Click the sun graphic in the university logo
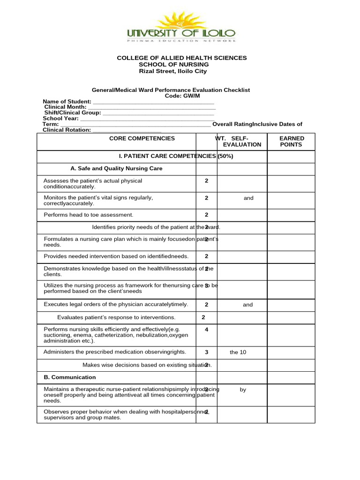tap(180, 21)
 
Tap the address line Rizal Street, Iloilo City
tap(172, 71)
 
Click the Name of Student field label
tap(67, 101)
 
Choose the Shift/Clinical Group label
tap(72, 112)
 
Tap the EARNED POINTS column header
tap(291, 142)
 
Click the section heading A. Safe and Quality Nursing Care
tap(116, 168)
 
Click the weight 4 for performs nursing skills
tap(206, 330)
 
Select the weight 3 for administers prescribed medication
tap(206, 352)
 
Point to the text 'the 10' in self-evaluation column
tap(238, 352)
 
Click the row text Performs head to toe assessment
tap(89, 215)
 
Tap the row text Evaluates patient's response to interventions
tap(116, 317)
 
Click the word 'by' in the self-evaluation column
tap(243, 390)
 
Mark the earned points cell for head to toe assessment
tap(291, 215)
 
